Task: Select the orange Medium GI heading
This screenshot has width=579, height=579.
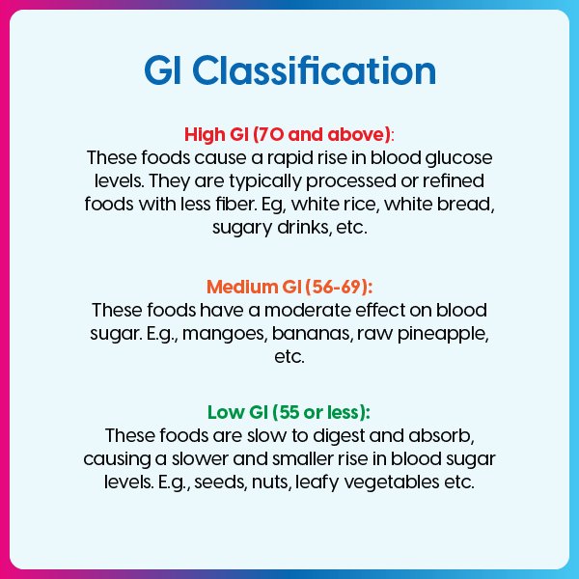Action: (x=289, y=288)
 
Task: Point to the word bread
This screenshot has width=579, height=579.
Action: (x=470, y=205)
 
